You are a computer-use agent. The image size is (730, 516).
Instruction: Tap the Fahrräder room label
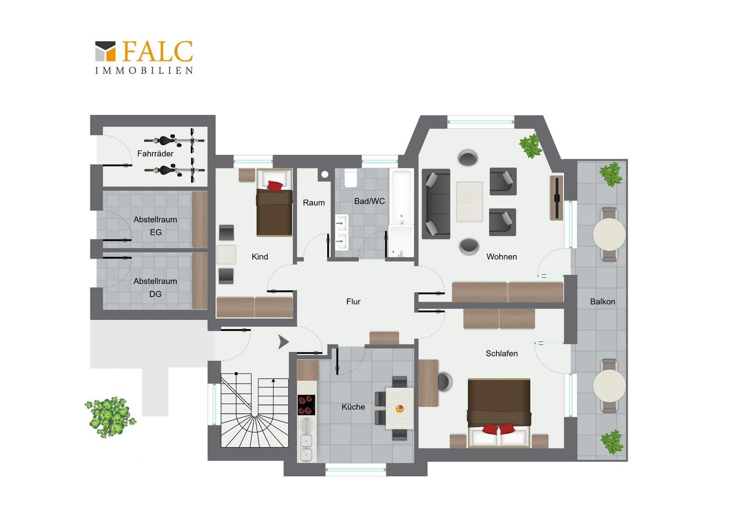pyautogui.click(x=155, y=153)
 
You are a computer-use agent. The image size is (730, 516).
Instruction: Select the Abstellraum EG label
pyautogui.click(x=155, y=226)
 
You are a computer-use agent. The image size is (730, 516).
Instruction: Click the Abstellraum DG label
pyautogui.click(x=155, y=288)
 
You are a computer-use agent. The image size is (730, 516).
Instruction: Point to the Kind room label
pyautogui.click(x=260, y=257)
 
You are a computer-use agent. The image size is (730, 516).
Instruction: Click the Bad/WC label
pyautogui.click(x=370, y=202)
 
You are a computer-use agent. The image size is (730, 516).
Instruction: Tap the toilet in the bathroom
pyautogui.click(x=351, y=178)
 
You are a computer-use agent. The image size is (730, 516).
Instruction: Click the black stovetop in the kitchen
pyautogui.click(x=306, y=405)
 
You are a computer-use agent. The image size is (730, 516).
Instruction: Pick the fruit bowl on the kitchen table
pyautogui.click(x=399, y=408)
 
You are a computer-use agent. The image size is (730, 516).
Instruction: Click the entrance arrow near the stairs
pyautogui.click(x=283, y=342)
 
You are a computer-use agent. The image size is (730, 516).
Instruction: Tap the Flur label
pyautogui.click(x=353, y=302)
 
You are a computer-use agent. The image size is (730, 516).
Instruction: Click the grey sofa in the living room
pyautogui.click(x=436, y=204)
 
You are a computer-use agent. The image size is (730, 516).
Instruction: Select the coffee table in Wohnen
pyautogui.click(x=469, y=202)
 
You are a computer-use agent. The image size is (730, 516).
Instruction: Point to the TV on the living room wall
pyautogui.click(x=557, y=198)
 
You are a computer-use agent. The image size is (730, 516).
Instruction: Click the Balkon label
pyautogui.click(x=602, y=302)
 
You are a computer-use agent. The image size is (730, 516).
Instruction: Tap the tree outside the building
pyautogui.click(x=110, y=417)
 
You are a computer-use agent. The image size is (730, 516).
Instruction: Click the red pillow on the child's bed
pyautogui.click(x=275, y=186)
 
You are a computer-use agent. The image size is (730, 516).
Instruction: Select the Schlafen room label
pyautogui.click(x=502, y=354)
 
